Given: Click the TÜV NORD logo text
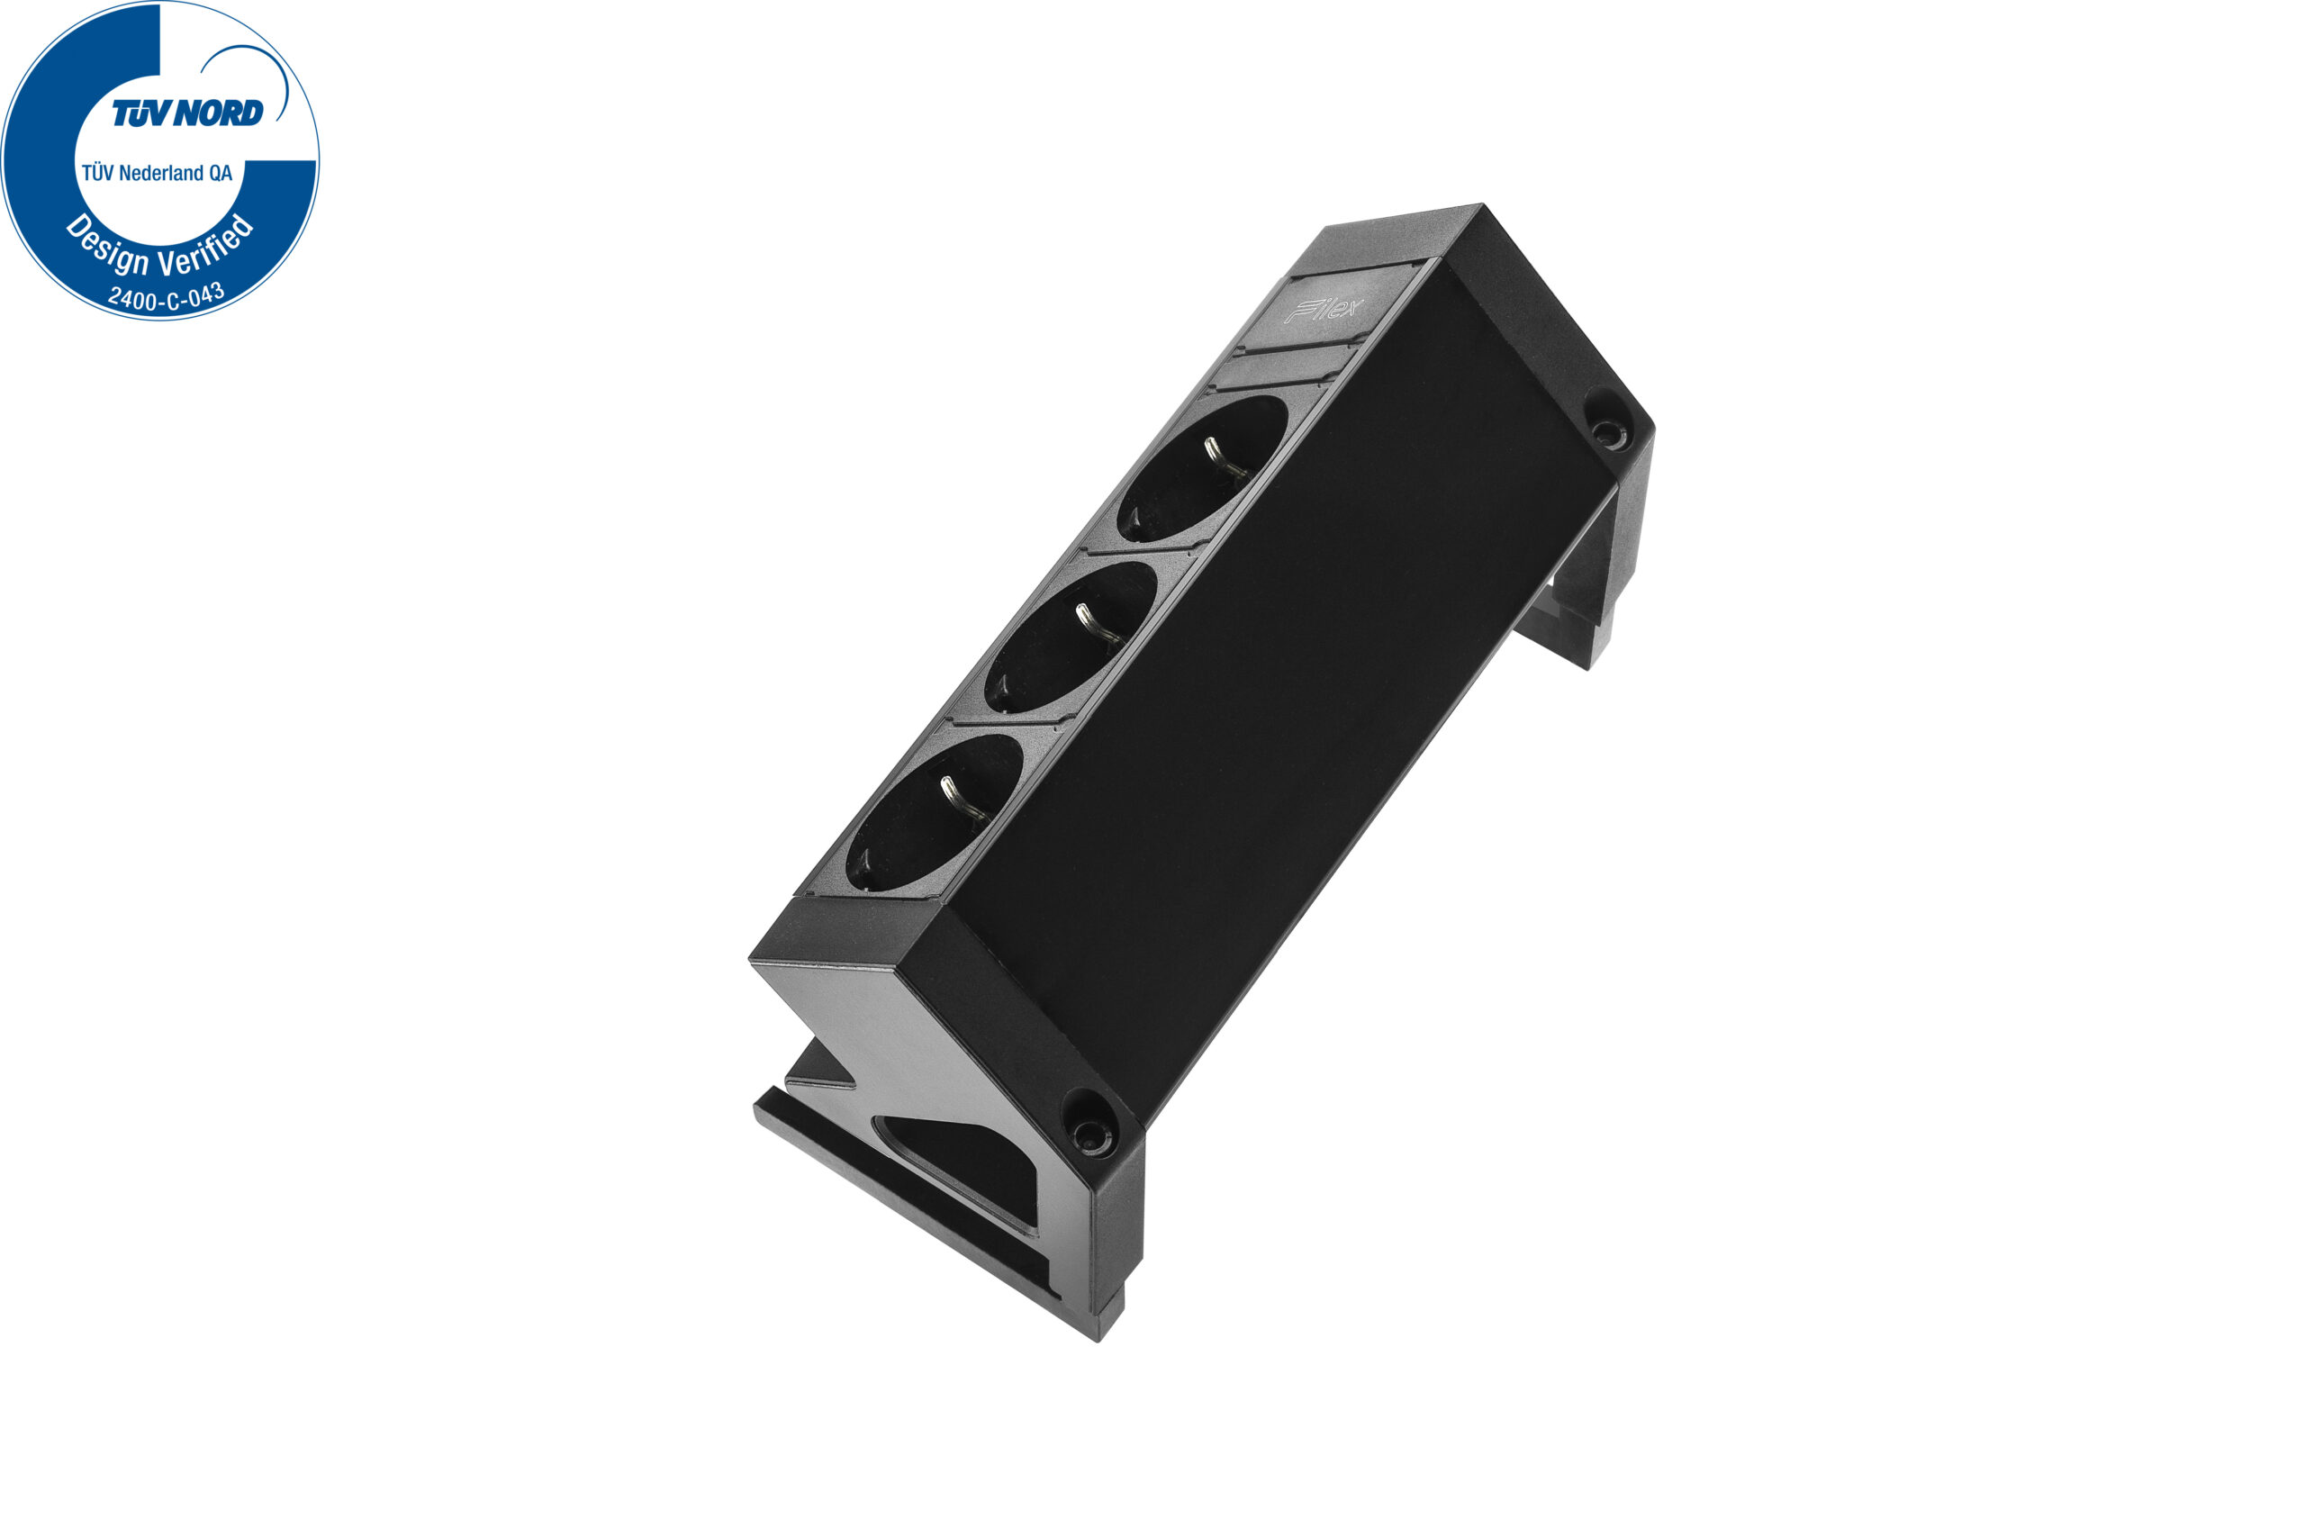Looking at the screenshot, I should point(187,113).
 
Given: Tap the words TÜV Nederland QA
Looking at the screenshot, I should point(157,174).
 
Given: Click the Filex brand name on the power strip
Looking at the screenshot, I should point(1323,311).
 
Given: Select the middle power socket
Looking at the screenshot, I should point(1071,637).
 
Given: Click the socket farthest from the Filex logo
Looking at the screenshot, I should point(934,812).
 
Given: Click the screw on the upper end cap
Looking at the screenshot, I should point(1605,431).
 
